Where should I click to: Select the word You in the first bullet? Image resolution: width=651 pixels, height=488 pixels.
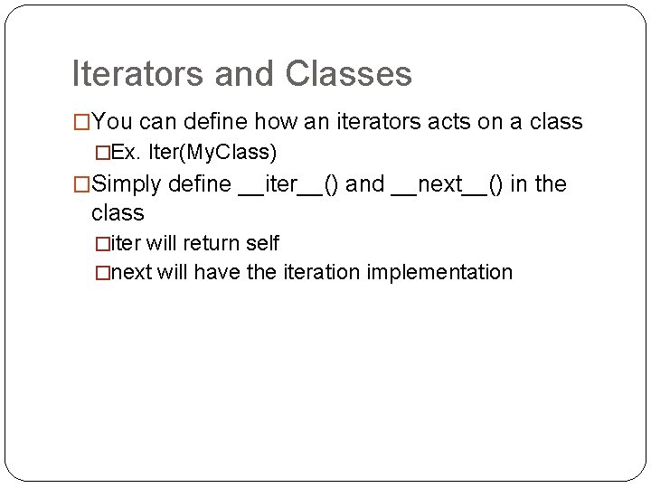pyautogui.click(x=112, y=120)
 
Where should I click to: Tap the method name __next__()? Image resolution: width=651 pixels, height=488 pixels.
pyautogui.click(x=448, y=185)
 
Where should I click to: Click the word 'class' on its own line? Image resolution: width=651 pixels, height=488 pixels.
pyautogui.click(x=118, y=213)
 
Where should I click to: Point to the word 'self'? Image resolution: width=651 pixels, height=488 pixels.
pyautogui.click(x=261, y=243)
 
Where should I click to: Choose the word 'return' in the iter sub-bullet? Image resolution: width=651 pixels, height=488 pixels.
pyautogui.click(x=213, y=243)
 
